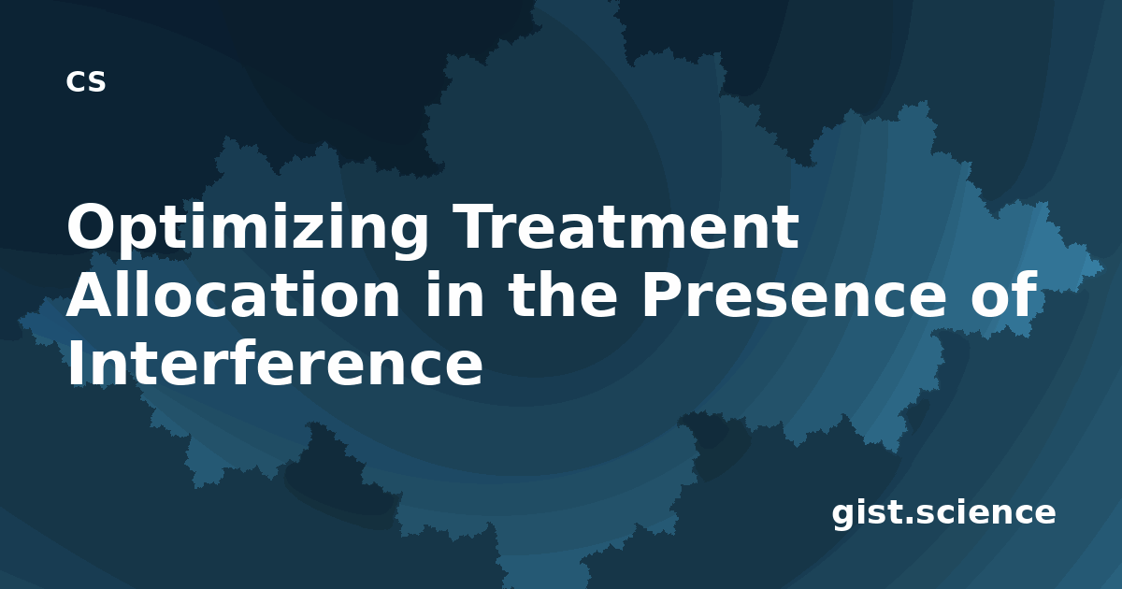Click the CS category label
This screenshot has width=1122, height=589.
pos(86,81)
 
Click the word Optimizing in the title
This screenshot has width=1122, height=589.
pos(248,229)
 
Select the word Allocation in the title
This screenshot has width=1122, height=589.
pos(233,294)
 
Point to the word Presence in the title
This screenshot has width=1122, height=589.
pos(800,295)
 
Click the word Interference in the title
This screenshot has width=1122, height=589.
pos(275,363)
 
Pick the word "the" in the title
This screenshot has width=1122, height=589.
pos(563,294)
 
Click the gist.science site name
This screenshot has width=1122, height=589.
pos(943,513)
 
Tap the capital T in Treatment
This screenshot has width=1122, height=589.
pos(475,226)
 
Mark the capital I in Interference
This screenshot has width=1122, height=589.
pos(76,363)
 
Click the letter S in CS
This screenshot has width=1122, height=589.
pos(96,81)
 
